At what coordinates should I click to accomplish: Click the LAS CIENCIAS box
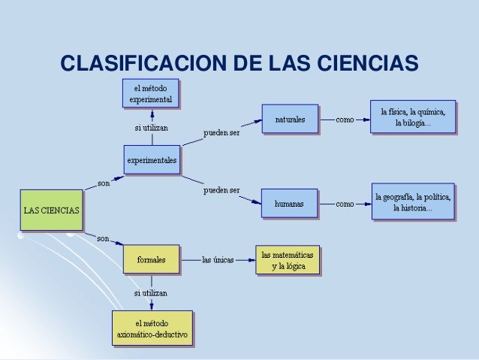click(51, 210)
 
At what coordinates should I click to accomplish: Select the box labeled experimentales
click(152, 160)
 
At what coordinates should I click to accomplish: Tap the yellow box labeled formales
click(152, 260)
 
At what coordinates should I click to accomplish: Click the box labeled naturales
click(290, 119)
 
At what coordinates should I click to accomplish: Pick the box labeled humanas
click(289, 204)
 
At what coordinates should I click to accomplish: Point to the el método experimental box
click(152, 93)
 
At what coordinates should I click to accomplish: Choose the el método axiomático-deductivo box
click(152, 328)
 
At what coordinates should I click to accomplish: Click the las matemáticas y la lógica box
click(288, 260)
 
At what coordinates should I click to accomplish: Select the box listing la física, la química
click(413, 119)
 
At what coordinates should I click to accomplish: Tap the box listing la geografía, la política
click(413, 203)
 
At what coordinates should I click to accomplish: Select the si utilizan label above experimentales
click(151, 128)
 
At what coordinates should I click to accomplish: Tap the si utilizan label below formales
click(151, 292)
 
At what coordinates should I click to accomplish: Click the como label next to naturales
click(345, 119)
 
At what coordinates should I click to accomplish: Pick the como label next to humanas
click(345, 204)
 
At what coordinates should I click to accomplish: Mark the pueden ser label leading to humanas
click(221, 190)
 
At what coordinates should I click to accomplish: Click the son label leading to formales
click(104, 238)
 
